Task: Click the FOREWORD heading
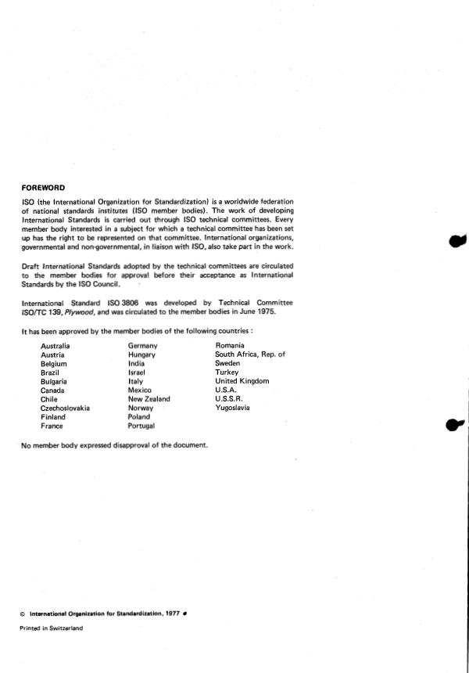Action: [44, 187]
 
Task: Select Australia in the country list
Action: [55, 346]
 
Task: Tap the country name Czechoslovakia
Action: [65, 408]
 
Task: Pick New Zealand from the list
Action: [149, 399]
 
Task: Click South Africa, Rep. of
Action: [250, 354]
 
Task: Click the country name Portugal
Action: [141, 426]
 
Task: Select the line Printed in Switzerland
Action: [52, 628]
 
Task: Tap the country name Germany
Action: [143, 346]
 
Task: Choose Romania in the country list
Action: [230, 345]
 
